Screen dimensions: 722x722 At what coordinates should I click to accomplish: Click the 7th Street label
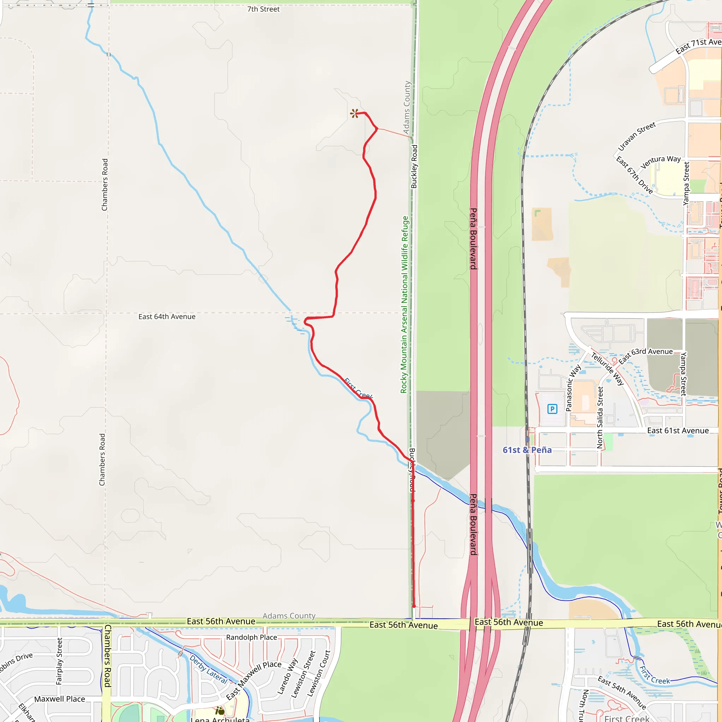coord(263,9)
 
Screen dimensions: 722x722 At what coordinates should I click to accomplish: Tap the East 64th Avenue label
coord(167,317)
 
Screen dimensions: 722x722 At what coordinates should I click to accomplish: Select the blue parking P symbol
coord(552,409)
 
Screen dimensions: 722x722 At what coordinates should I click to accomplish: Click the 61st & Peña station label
coord(527,450)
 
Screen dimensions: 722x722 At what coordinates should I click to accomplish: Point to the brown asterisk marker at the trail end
coord(354,113)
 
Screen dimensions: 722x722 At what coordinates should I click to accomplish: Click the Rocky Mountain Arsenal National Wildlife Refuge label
coord(404,305)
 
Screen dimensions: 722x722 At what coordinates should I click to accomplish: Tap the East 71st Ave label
coord(698,45)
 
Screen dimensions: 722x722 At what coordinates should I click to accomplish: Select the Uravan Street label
coord(636,136)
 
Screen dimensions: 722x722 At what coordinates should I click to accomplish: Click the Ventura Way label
coord(660,162)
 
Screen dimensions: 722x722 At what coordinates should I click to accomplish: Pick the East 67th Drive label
coord(634,175)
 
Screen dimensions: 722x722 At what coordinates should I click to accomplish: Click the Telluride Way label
coord(607,368)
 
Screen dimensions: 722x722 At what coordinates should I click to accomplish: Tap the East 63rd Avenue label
coord(645,355)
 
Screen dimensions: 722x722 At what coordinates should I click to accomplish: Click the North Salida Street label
coord(600,417)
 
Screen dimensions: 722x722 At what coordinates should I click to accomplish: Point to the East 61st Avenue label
coord(678,430)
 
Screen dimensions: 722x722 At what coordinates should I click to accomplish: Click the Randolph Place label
coord(251,637)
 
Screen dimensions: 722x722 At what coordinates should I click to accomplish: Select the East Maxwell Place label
coord(253,680)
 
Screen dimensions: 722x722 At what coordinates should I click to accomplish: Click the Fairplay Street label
coord(59,661)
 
